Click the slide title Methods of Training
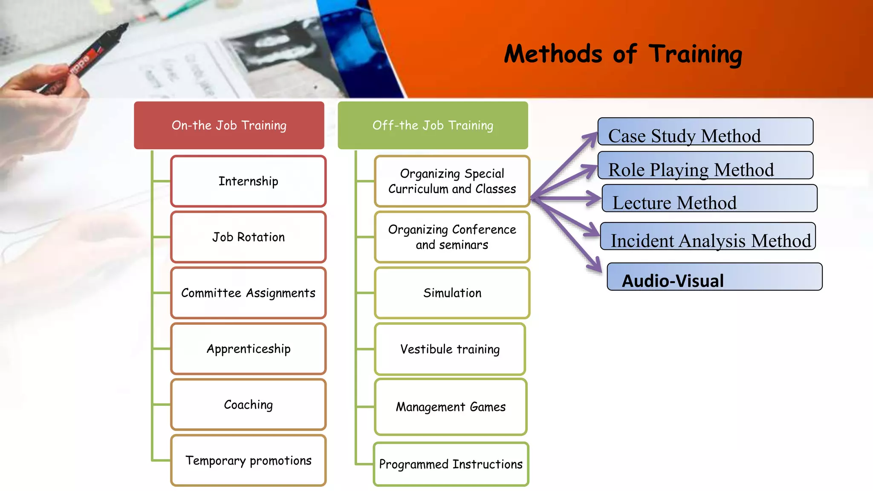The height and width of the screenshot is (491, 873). click(x=623, y=54)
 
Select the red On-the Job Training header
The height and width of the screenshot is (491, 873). click(x=229, y=125)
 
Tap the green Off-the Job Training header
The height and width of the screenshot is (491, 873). click(x=433, y=125)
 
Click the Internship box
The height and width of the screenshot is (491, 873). click(x=248, y=181)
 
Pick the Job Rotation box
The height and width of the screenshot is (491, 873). click(x=248, y=237)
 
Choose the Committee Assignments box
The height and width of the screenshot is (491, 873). click(x=248, y=293)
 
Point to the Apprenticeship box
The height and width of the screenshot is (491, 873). click(x=248, y=349)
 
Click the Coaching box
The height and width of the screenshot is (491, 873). click(x=248, y=404)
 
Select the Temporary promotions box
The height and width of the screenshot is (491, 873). click(x=248, y=460)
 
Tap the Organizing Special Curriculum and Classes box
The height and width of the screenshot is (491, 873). click(x=452, y=181)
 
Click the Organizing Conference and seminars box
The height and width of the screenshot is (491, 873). click(x=452, y=237)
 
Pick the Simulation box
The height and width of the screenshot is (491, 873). click(x=452, y=293)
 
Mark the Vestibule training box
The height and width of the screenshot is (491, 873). click(x=450, y=349)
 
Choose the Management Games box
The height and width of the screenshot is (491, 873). click(x=451, y=407)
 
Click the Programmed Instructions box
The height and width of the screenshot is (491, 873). click(x=451, y=464)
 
